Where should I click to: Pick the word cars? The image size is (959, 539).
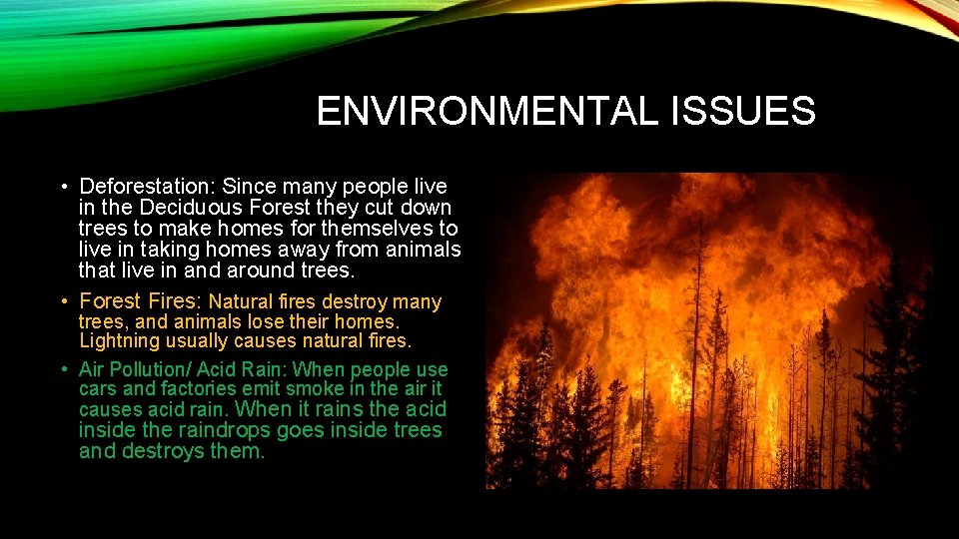pos(96,389)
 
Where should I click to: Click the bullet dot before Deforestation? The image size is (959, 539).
pos(63,188)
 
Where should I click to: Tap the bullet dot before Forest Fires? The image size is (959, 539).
pos(63,301)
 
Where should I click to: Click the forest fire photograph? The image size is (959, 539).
pos(709,330)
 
